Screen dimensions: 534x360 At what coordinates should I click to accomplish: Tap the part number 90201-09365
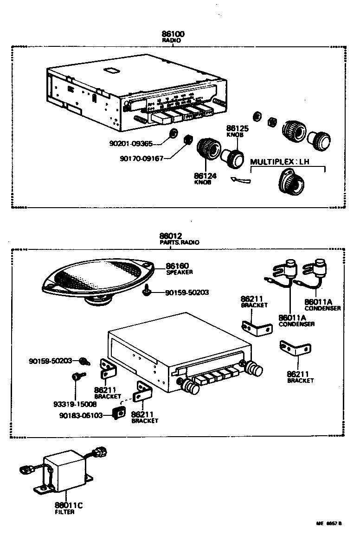[x=131, y=144]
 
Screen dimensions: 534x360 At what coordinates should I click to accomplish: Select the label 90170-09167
[x=141, y=159]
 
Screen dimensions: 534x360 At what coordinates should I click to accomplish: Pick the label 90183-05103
[x=81, y=415]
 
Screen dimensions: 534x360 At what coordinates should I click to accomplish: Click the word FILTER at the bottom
[x=64, y=512]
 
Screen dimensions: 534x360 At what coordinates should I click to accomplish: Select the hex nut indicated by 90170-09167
[x=188, y=139]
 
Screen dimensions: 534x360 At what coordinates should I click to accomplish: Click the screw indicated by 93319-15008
[x=77, y=377]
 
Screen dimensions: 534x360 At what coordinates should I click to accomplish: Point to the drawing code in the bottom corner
[x=329, y=523]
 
